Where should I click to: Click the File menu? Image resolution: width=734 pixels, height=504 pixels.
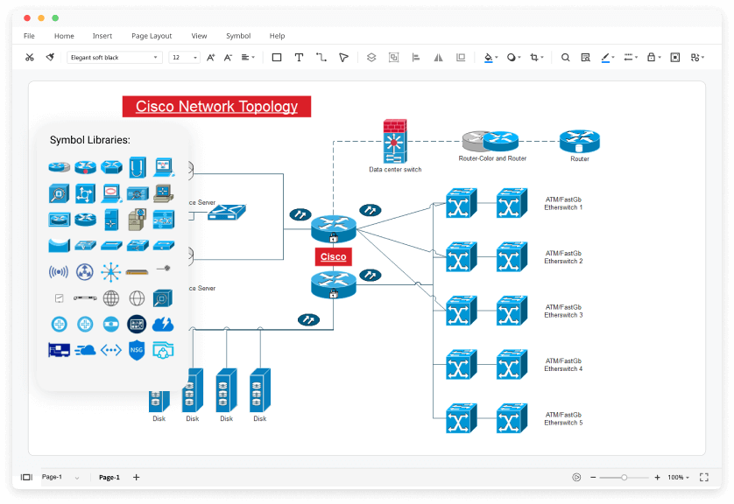29,36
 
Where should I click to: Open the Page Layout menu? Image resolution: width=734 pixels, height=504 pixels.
152,36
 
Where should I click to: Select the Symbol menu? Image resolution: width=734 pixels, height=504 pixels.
238,36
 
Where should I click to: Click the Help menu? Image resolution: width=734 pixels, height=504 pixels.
277,36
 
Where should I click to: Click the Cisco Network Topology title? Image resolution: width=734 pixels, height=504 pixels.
216,107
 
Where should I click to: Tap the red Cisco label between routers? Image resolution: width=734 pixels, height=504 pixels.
333,256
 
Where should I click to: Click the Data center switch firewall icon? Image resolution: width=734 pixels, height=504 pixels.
394,142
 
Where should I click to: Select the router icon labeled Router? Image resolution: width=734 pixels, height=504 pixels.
579,140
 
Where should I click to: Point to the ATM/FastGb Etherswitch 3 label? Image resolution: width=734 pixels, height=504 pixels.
563,311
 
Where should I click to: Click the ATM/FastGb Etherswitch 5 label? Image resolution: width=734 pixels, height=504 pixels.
563,418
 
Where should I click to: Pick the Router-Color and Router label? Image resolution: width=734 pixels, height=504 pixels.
492,158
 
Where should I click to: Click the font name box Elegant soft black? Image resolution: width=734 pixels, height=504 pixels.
114,57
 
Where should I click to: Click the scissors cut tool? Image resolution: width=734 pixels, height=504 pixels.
29,57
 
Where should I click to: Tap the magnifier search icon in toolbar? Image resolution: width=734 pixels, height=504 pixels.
565,57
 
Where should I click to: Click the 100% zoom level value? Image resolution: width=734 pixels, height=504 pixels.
675,477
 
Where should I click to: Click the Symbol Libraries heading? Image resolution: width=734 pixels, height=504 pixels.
90,140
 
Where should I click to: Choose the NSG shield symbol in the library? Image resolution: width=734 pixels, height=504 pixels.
136,350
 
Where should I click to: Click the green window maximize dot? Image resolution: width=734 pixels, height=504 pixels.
55,17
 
